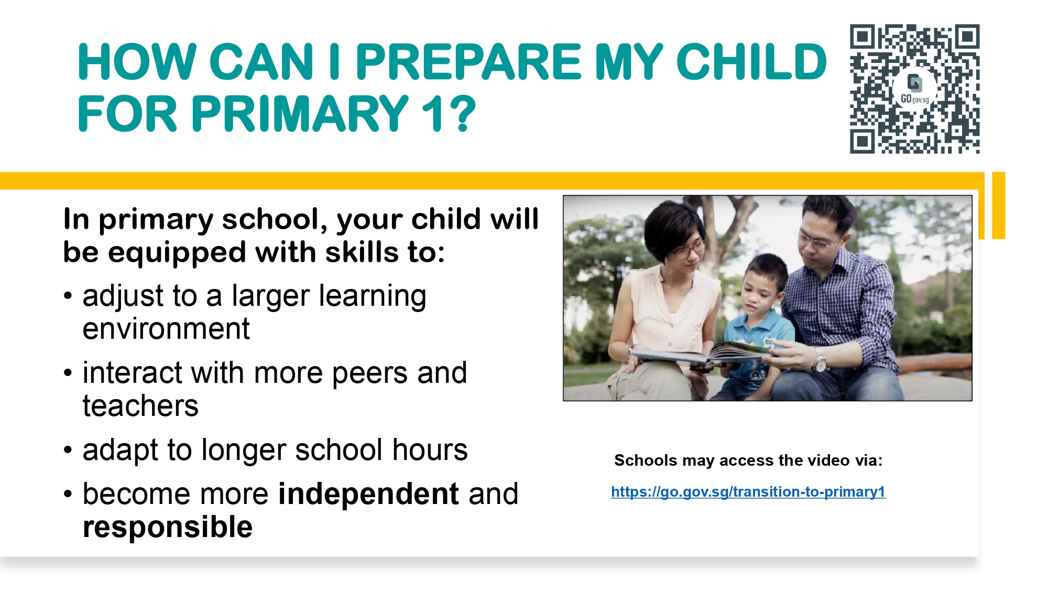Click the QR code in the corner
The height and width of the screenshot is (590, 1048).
pos(914,89)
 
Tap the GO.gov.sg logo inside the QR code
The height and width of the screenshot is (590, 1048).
pos(914,90)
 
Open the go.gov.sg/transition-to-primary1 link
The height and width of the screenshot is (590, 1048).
pos(748,492)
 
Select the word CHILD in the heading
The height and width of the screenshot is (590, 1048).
pos(752,62)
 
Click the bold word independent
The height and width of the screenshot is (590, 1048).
pos(369,494)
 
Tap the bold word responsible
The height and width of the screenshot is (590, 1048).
pos(168,527)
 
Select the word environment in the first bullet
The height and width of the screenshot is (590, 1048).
pos(166,329)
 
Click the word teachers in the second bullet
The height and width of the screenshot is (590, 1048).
pos(140,406)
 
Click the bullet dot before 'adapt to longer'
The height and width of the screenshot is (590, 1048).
pos(68,450)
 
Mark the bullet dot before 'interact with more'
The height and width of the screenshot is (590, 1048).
pos(68,373)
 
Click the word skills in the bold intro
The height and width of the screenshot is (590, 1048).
pos(362,252)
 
